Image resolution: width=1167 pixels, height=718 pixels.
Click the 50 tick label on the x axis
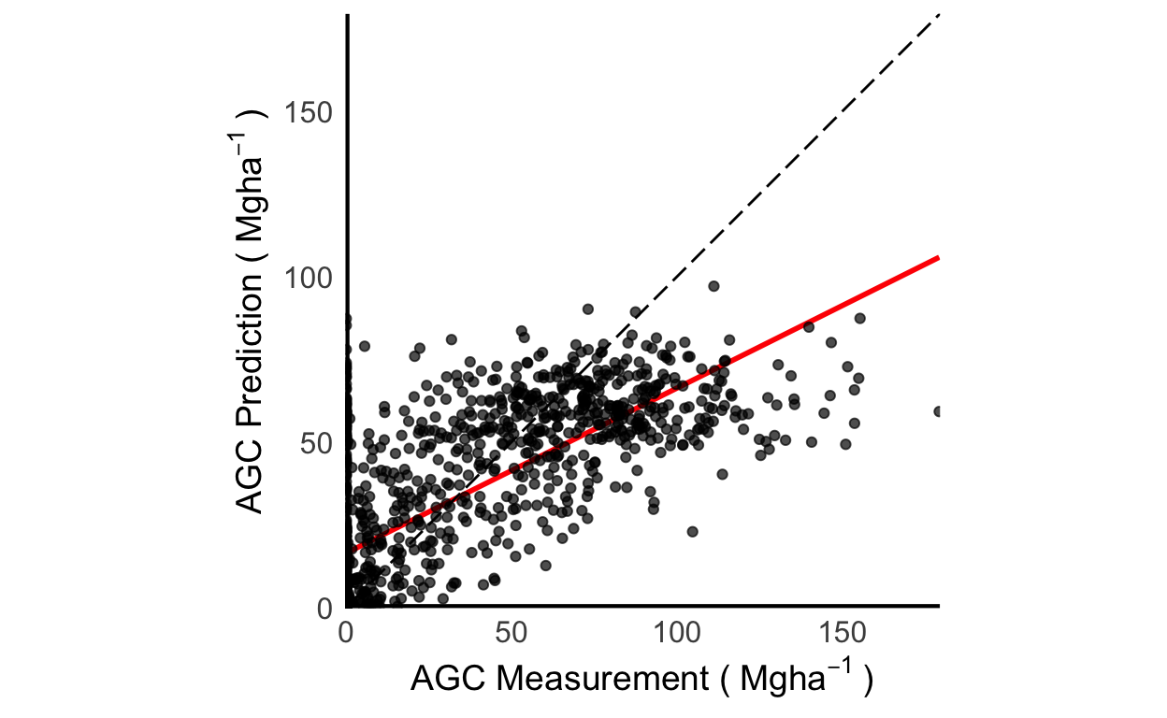[511, 634]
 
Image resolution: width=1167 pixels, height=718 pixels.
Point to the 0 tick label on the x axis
[348, 634]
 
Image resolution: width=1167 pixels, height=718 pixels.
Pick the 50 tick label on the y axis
[316, 443]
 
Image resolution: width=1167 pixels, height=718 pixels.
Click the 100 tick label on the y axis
[310, 279]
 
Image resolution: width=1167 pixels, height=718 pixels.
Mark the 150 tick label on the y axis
[310, 114]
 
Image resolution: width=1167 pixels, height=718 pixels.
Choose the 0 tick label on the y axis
[324, 608]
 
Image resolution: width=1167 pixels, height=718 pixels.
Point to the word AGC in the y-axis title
[249, 481]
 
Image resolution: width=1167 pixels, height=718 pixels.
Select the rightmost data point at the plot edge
[938, 411]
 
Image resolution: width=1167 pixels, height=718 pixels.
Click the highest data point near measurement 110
[713, 286]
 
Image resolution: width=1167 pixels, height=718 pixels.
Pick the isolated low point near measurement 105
[692, 531]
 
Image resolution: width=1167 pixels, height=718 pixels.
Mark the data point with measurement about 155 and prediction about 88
[859, 318]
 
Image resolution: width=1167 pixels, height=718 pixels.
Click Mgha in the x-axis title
[780, 680]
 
